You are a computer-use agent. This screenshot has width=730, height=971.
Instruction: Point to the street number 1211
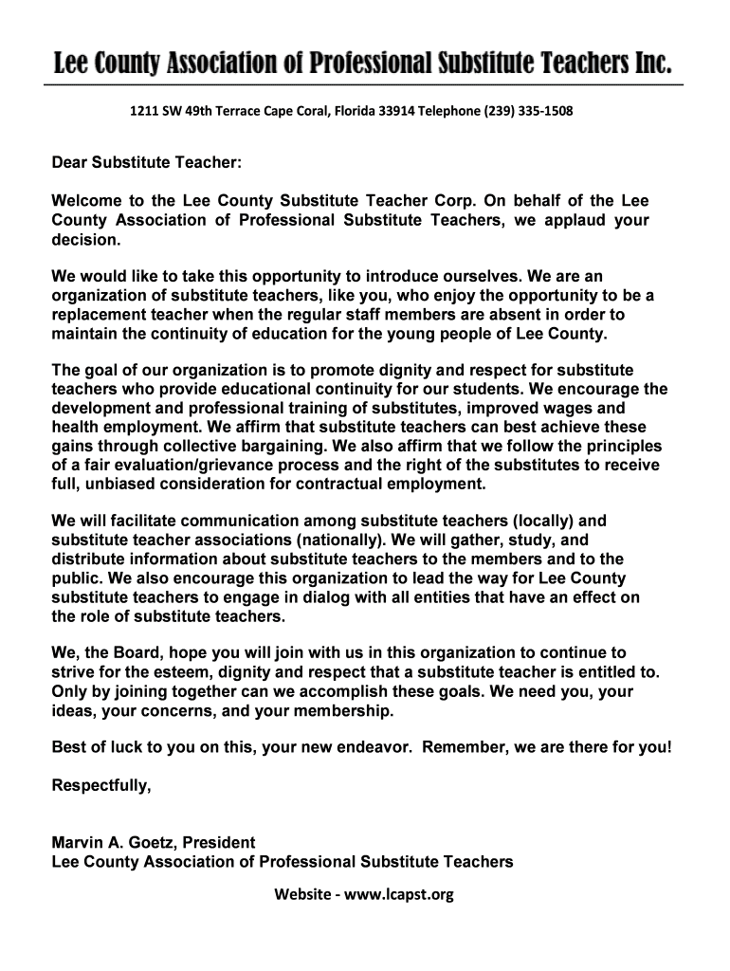(144, 112)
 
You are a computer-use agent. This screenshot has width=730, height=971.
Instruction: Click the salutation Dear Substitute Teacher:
(147, 164)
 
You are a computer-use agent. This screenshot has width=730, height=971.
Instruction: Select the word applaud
(567, 220)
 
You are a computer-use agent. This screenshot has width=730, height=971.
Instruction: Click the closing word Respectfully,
(100, 785)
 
